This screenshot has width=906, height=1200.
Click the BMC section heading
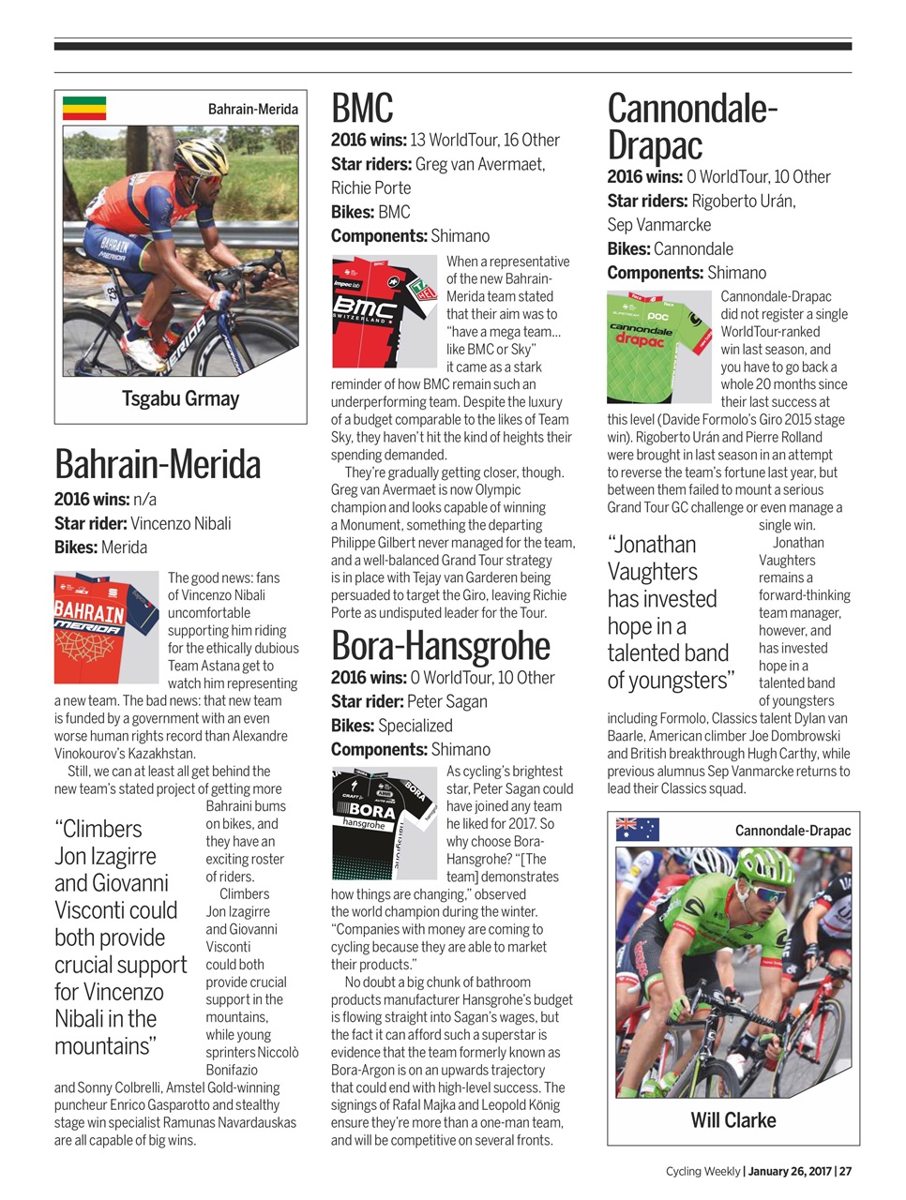(362, 109)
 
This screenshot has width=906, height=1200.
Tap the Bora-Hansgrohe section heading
(440, 646)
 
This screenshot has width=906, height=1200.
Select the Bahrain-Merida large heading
(158, 464)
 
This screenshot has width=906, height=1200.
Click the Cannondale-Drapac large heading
(692, 127)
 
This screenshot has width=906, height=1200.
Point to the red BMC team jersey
(385, 310)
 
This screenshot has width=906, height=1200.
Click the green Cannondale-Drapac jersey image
(658, 346)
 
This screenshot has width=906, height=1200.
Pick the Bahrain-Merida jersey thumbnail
(106, 625)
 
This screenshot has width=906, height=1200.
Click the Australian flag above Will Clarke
(637, 830)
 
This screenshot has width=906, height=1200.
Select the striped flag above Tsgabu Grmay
(84, 109)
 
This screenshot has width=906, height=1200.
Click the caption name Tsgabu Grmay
(180, 398)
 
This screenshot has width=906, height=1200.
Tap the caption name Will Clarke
(732, 1120)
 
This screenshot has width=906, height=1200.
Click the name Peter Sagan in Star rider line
(447, 701)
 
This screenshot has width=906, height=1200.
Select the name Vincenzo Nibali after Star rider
(180, 523)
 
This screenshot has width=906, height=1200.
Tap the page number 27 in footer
(845, 1171)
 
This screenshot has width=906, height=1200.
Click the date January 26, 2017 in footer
(790, 1171)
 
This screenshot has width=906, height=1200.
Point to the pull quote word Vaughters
(652, 572)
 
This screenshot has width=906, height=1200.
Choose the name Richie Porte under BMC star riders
(370, 187)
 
